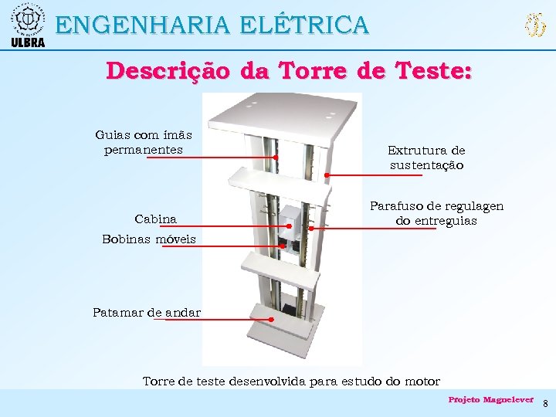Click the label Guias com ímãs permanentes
tap(144, 142)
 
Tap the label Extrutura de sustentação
tap(426, 158)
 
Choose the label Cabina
tap(155, 219)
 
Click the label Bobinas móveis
tap(149, 239)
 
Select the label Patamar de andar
tap(147, 313)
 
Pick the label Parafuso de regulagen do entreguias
tap(436, 213)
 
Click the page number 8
tap(544, 404)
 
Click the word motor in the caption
tap(421, 381)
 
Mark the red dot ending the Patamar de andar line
tap(272, 319)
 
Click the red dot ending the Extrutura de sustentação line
tap(327, 175)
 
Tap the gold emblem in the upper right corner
tap(534, 25)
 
